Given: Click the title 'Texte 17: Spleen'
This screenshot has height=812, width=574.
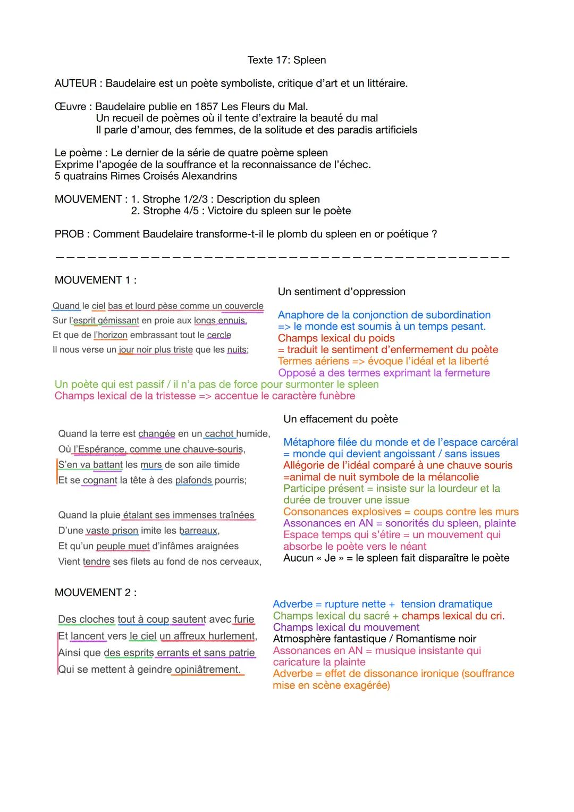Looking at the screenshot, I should tap(286, 60).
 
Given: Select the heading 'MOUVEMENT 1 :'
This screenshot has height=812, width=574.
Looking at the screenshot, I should tap(95, 280).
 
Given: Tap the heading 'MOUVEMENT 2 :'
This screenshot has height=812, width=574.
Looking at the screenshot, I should tap(95, 592).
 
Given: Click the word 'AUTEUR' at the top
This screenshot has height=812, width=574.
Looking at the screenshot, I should tap(75, 83).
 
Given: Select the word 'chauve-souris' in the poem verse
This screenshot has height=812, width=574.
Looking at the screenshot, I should tap(214, 449).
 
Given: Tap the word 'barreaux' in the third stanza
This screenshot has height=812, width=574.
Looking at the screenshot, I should tap(198, 531).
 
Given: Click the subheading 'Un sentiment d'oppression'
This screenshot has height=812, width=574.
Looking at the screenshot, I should tap(341, 291).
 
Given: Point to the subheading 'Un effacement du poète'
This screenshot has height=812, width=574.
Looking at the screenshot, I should tap(340, 419).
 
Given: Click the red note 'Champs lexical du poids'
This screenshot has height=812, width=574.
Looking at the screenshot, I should tap(336, 338).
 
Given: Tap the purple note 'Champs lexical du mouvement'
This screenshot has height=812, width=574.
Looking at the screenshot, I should tap(346, 627).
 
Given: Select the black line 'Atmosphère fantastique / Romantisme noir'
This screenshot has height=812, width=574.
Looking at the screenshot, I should tap(374, 639).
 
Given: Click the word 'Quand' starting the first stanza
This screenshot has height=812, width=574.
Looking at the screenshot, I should tap(66, 306).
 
